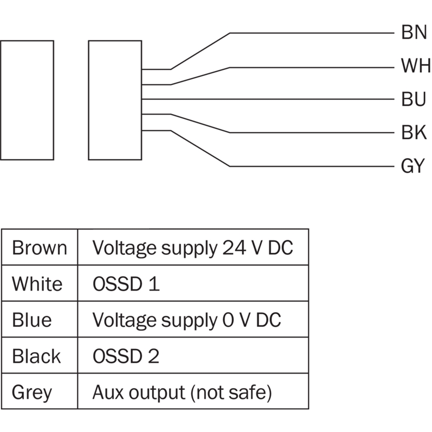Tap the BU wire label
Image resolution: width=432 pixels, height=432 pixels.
click(414, 99)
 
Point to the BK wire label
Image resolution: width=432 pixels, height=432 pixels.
click(414, 132)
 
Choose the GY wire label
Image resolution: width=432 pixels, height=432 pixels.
click(414, 166)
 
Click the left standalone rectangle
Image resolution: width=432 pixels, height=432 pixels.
click(27, 100)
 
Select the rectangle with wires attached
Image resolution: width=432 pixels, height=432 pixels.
click(114, 100)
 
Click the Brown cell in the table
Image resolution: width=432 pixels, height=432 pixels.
click(39, 248)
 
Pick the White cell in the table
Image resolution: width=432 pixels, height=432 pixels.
click(37, 283)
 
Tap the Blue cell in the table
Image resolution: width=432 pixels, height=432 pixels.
click(32, 320)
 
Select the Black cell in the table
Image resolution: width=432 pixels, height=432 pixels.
click(36, 356)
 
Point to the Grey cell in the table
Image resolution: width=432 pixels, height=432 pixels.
click(32, 393)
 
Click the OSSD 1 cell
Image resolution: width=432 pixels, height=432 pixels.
click(126, 283)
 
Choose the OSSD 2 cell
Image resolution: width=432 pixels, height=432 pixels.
click(126, 356)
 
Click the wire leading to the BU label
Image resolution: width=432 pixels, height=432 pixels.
click(270, 99)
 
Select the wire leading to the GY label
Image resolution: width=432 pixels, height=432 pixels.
click(313, 166)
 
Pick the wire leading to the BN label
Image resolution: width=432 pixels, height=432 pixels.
click(313, 33)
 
